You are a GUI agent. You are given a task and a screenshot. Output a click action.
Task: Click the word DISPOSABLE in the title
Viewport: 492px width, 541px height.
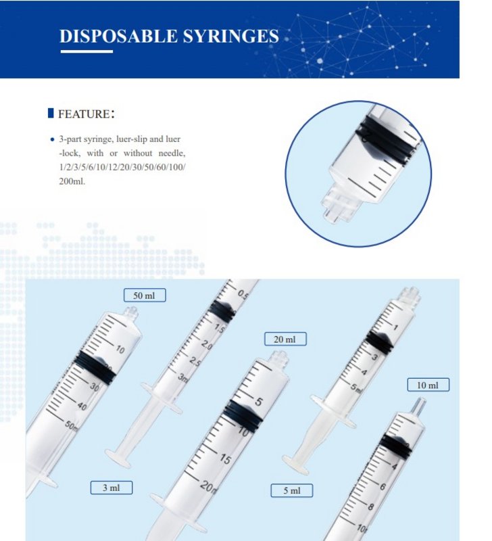click(118, 37)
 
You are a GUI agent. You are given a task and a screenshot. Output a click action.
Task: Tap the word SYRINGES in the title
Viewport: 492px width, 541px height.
click(230, 37)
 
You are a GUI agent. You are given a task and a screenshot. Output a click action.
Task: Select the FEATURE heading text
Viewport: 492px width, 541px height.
click(87, 114)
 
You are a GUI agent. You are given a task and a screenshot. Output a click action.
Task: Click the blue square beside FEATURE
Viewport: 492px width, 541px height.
click(51, 113)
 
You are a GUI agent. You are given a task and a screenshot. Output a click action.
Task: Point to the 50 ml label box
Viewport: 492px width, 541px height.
click(145, 296)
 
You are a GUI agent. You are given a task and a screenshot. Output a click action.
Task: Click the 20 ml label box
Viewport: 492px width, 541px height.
click(285, 339)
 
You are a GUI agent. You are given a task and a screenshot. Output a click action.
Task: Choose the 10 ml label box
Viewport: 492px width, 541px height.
click(428, 385)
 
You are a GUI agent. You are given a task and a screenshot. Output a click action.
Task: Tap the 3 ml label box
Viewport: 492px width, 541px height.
click(112, 488)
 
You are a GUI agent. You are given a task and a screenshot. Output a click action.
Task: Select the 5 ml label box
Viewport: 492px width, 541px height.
click(292, 490)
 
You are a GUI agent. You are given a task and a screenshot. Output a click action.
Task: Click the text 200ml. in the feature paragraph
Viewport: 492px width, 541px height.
click(72, 181)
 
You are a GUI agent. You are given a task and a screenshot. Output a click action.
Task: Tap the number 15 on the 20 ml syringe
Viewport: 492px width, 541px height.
click(225, 459)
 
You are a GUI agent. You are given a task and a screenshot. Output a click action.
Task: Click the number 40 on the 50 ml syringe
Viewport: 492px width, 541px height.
click(82, 406)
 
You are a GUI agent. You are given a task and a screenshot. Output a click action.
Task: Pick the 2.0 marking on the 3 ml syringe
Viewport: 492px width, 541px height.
click(207, 344)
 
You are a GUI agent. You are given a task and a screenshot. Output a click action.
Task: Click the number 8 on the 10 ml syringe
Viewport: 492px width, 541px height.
click(370, 507)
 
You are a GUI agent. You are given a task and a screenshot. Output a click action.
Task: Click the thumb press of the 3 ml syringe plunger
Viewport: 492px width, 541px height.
click(119, 458)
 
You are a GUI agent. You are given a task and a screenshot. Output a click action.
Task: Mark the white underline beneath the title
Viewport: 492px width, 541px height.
click(87, 51)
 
